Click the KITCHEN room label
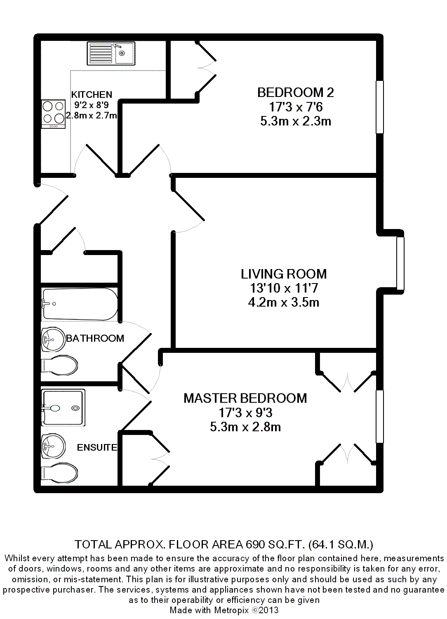pyautogui.click(x=92, y=95)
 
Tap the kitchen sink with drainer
pyautogui.click(x=111, y=53)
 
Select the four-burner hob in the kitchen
pyautogui.click(x=54, y=114)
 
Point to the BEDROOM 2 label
pyautogui.click(x=295, y=92)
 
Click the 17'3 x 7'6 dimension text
pyautogui.click(x=296, y=107)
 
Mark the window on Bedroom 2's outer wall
pyautogui.click(x=380, y=107)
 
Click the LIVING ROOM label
pyautogui.click(x=284, y=274)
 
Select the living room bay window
pyautogui.click(x=400, y=263)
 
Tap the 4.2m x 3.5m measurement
pyautogui.click(x=284, y=302)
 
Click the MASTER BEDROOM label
pyautogui.click(x=245, y=398)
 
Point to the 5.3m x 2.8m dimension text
pyautogui.click(x=245, y=427)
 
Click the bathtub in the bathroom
pyautogui.click(x=80, y=304)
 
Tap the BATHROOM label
pyautogui.click(x=95, y=338)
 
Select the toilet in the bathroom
pyautogui.click(x=59, y=365)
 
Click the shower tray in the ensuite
pyautogui.click(x=63, y=408)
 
